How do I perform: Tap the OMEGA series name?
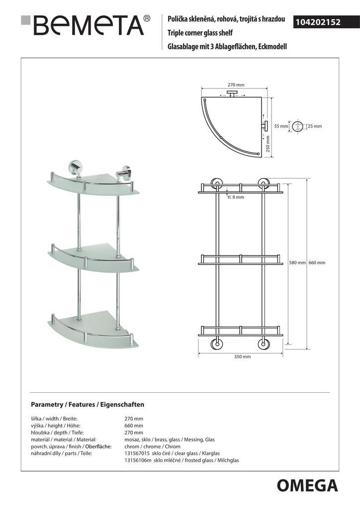[x=307, y=485]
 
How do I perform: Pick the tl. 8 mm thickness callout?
[x=236, y=197]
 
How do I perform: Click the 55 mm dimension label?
[x=281, y=126]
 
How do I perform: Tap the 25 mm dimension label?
[x=315, y=126]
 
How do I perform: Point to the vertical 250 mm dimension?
[x=268, y=144]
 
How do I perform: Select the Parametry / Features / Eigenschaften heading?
[x=88, y=405]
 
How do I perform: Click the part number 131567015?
[x=139, y=453]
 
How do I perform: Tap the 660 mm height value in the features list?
[x=134, y=425]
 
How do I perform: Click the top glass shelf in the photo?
[x=90, y=184]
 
